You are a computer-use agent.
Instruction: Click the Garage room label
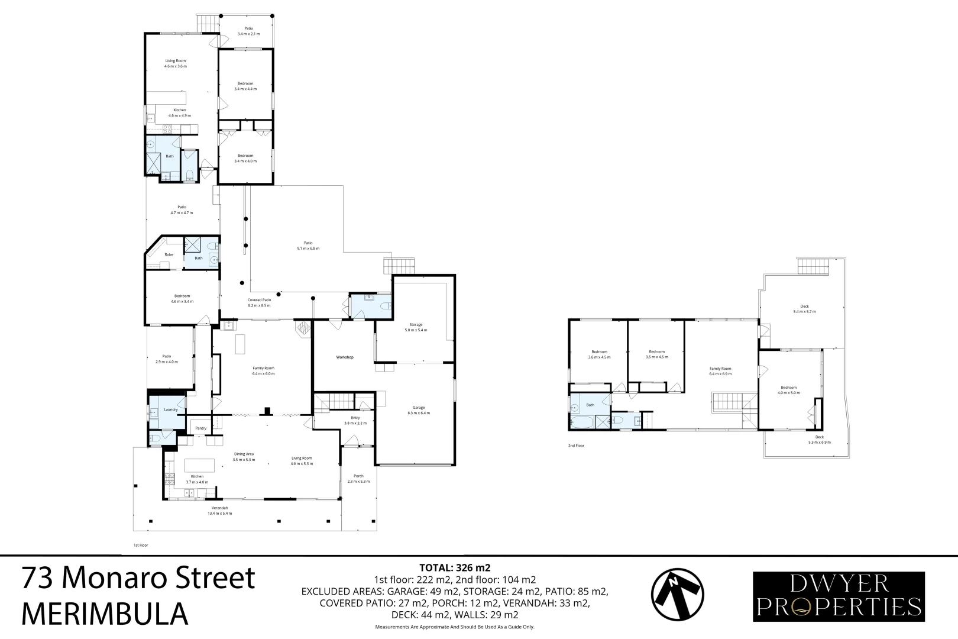coord(419,410)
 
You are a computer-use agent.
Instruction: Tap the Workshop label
coord(345,357)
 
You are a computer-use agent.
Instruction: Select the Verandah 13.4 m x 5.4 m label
coord(219,511)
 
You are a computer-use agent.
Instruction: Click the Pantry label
coord(200,428)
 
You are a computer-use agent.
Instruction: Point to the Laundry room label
coord(171,409)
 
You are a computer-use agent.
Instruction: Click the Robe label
coord(169,254)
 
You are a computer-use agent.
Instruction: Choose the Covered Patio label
coord(259,302)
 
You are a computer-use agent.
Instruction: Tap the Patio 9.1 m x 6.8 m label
coord(308,246)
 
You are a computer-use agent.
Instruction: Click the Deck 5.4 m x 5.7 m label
coord(804,309)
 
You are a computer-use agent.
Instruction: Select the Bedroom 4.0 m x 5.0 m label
coord(788,390)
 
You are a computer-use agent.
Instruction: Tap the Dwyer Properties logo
coord(839,596)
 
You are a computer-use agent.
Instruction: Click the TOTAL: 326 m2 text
coord(455,568)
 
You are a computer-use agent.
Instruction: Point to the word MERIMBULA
coord(105,614)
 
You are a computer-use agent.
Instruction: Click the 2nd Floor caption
coord(576,446)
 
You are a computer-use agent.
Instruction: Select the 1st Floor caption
coord(140,545)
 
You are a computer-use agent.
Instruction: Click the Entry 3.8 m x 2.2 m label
coord(355,420)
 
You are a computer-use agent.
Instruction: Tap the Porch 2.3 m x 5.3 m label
coord(358,478)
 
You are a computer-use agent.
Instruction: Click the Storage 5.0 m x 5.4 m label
coord(416,327)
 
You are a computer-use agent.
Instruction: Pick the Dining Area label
coord(243,456)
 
